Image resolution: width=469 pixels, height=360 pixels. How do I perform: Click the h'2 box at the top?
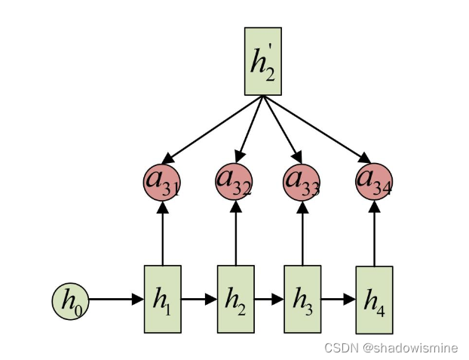pyautogui.click(x=262, y=61)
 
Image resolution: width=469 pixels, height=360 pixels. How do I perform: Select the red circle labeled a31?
pyautogui.click(x=161, y=181)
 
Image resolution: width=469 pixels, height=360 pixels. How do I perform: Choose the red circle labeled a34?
pyautogui.click(x=374, y=180)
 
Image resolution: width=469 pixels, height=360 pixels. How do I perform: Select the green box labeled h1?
pyautogui.click(x=162, y=299)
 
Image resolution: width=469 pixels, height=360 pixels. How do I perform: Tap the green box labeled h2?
pyautogui.click(x=236, y=299)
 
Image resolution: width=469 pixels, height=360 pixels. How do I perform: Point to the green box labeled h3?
pyautogui.click(x=302, y=299)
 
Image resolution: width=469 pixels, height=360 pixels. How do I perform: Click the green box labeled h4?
pyautogui.click(x=374, y=300)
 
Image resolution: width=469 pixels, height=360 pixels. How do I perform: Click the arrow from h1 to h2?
pyautogui.click(x=199, y=299)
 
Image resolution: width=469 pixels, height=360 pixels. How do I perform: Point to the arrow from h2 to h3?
pyautogui.click(x=269, y=299)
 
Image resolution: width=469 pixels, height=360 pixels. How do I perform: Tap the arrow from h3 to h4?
pyautogui.click(x=338, y=299)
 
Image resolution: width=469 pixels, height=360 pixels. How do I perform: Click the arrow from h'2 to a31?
pyautogui.click(x=211, y=129)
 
